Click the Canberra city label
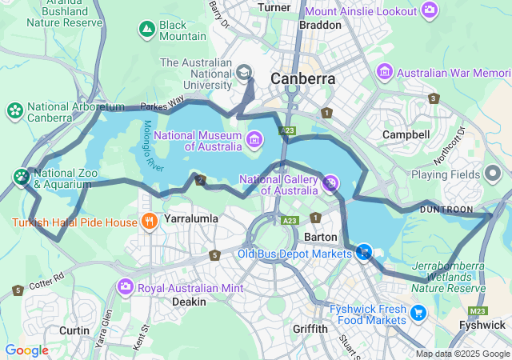302,79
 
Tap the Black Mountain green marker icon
146,30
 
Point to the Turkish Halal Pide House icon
147,221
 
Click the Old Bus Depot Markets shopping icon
364,253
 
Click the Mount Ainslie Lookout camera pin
430,10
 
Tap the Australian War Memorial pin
385,73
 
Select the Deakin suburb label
189,302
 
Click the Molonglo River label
150,145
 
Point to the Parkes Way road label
162,102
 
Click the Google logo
26,350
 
